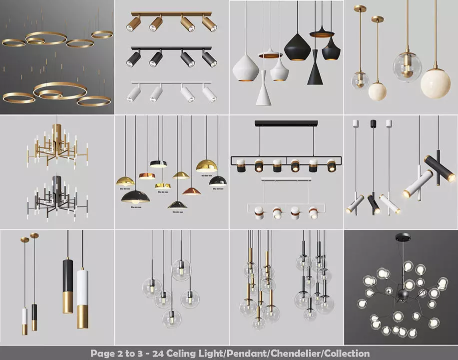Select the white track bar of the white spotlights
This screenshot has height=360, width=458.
click(171, 83)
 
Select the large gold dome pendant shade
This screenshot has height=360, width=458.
click(206, 166)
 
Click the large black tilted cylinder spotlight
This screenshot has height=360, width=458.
click(440, 168)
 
